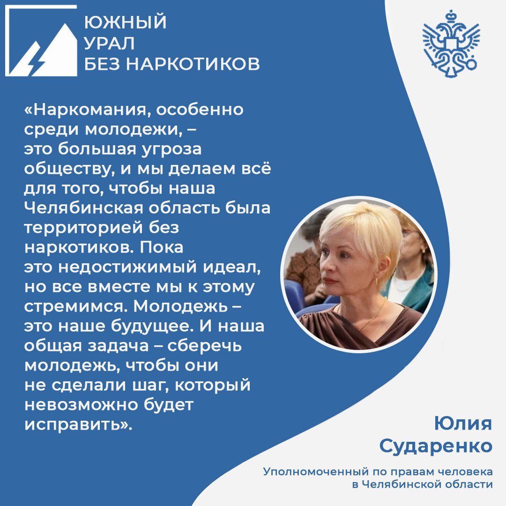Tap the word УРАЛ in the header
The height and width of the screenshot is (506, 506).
click(110, 44)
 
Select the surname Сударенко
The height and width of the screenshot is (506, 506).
click(436, 446)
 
